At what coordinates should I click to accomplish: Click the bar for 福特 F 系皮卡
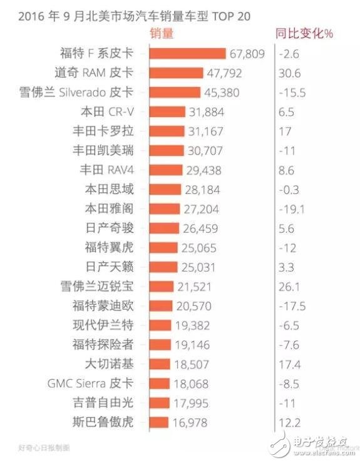click(x=187, y=54)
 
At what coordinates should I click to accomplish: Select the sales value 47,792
click(x=224, y=73)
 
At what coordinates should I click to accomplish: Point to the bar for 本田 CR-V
click(x=167, y=112)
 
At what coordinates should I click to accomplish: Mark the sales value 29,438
click(x=203, y=170)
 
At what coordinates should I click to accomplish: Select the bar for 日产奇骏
click(x=163, y=228)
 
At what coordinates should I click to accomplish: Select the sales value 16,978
click(x=189, y=422)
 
